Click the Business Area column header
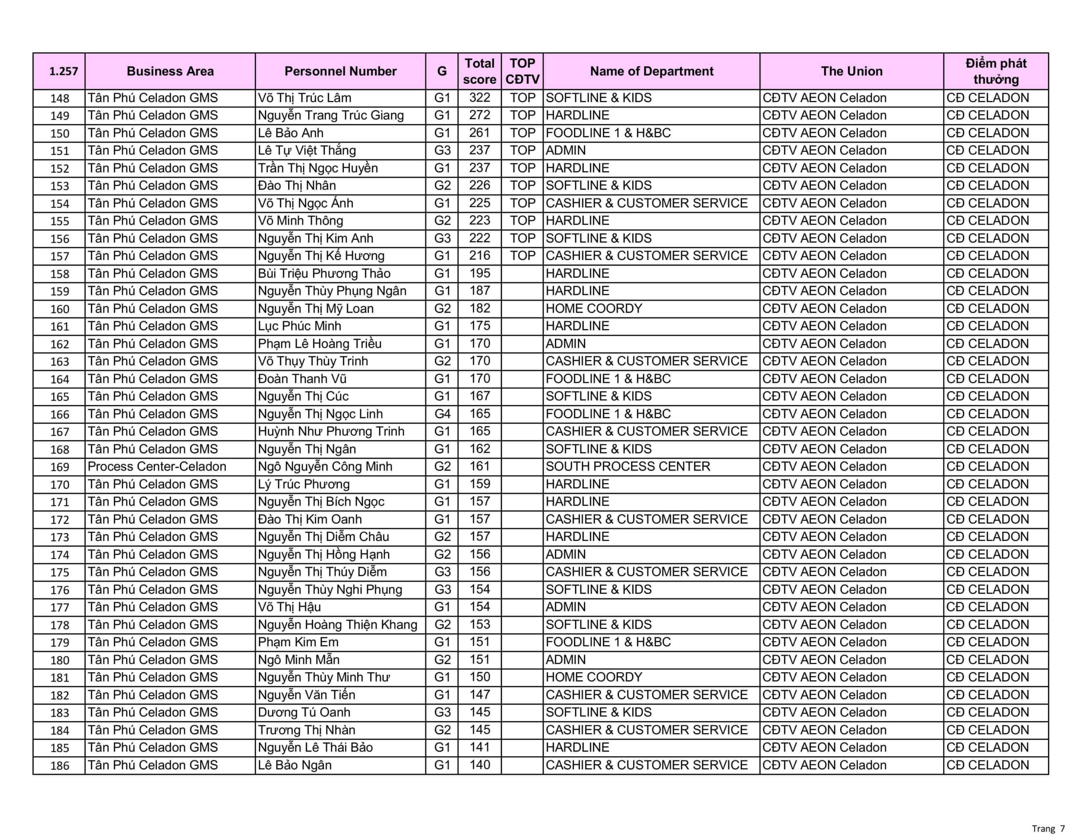tap(170, 71)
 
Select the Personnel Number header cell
tap(340, 71)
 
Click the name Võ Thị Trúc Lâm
tap(304, 98)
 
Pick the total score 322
tap(479, 98)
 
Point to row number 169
tap(60, 467)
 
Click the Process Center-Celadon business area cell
tap(157, 466)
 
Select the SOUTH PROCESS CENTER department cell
tap(628, 466)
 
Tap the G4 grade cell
tap(442, 414)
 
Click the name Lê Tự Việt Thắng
tap(306, 150)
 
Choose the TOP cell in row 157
tap(522, 256)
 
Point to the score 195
tap(479, 273)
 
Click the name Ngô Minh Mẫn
tap(299, 659)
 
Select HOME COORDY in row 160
tap(594, 308)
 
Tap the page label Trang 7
tap(1048, 829)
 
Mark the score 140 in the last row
tap(479, 765)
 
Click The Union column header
tap(852, 71)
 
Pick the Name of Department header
tap(651, 71)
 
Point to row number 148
tap(60, 98)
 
